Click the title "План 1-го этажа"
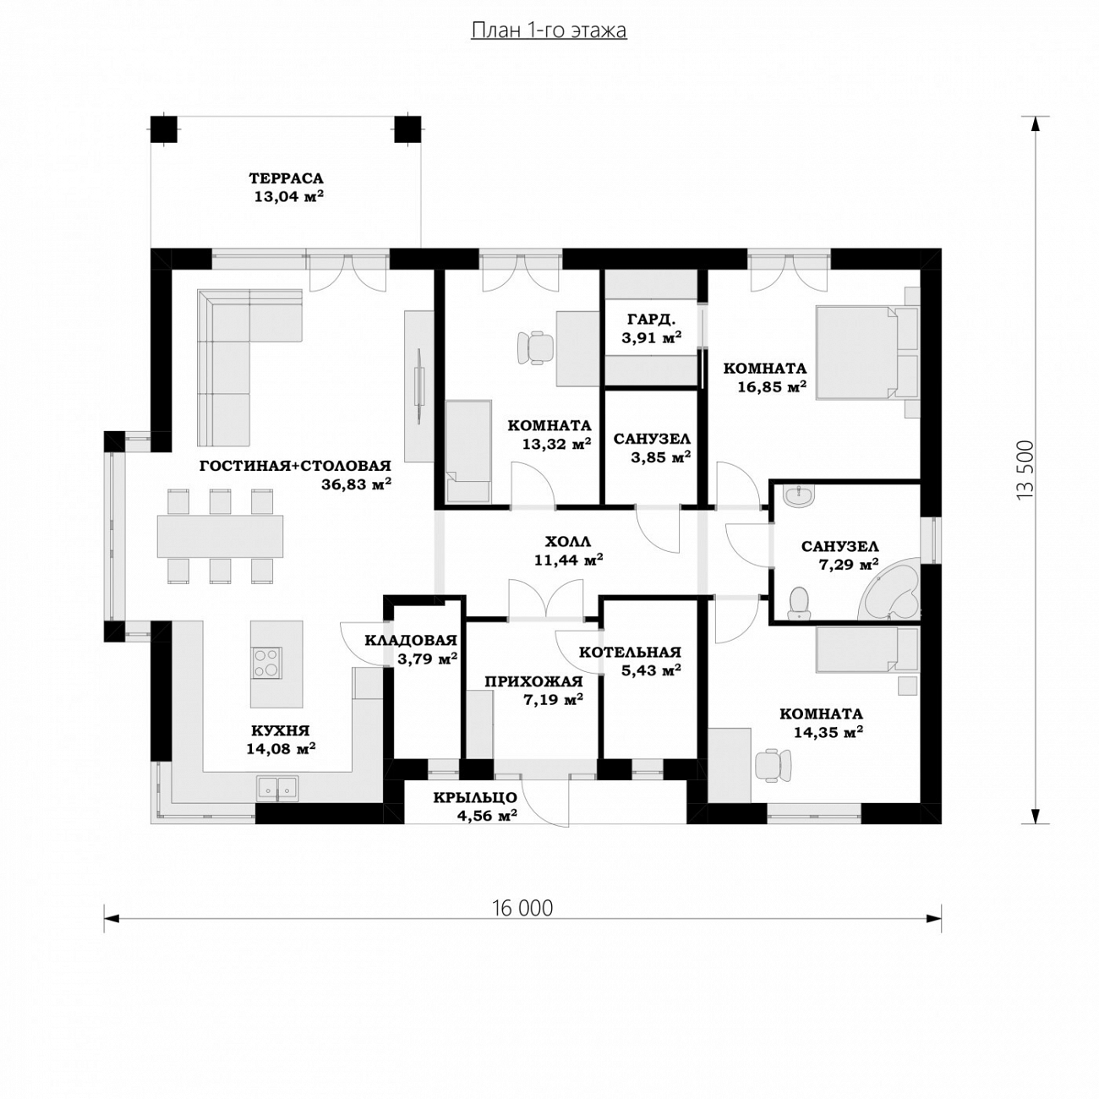(549, 30)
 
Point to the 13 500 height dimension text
(1025, 471)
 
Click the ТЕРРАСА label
(286, 178)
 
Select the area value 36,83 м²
(357, 484)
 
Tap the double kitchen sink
(277, 787)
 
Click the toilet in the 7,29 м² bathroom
(798, 603)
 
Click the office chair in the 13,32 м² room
(535, 347)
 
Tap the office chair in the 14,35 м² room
(774, 763)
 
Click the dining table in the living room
(220, 536)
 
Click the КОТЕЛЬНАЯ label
(630, 652)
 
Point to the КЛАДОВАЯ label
(411, 639)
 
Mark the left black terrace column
(164, 128)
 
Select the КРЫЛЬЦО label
(475, 797)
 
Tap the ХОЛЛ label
(568, 541)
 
